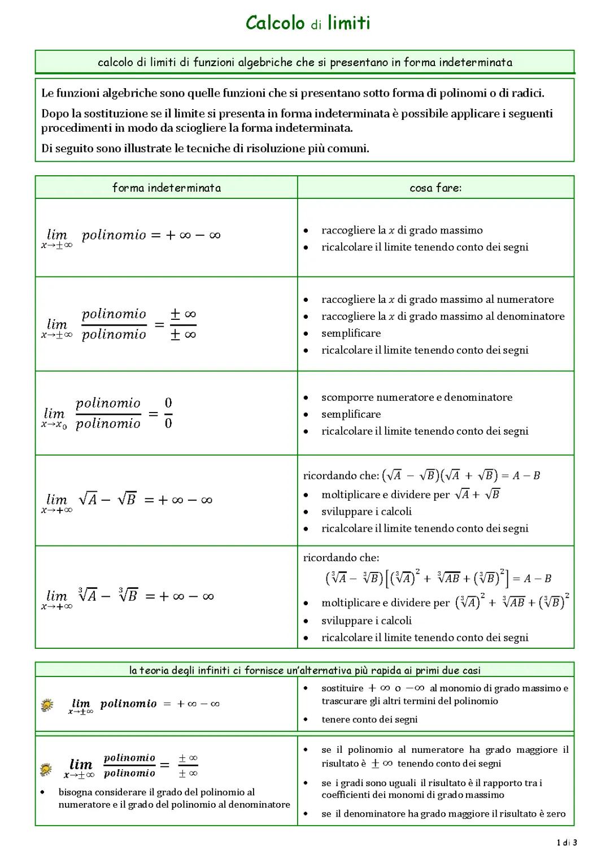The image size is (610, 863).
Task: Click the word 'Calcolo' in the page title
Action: coord(274,23)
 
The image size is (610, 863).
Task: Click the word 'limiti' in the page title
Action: coord(348,23)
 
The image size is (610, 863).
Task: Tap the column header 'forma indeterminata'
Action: coord(166,188)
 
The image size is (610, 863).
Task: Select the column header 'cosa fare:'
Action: coord(435,188)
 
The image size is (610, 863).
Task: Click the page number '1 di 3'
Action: coord(567,843)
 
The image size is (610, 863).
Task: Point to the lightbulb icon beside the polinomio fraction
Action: coord(46,769)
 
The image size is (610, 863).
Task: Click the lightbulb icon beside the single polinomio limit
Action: coord(47,705)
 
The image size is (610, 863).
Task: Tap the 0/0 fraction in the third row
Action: coord(168,413)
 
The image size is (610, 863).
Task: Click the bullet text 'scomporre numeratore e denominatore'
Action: coord(416,397)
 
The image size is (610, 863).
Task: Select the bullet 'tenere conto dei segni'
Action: coord(369,719)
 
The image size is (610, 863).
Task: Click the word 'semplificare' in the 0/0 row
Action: coord(351,414)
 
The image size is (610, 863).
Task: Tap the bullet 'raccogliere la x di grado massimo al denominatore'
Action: coord(442,316)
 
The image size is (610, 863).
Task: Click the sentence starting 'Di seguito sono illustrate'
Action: coord(205,149)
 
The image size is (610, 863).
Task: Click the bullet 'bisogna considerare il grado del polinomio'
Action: coord(174,798)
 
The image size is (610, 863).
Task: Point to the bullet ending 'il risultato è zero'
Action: coord(443,814)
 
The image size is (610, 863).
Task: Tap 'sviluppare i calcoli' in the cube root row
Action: coord(366,621)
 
